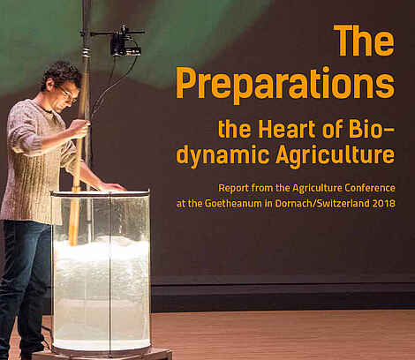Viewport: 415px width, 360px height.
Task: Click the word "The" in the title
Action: coord(364,41)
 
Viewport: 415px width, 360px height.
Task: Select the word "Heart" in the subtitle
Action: coord(287,129)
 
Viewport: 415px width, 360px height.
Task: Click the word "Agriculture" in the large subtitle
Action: coord(336,155)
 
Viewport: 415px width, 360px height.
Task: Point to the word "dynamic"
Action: coord(223,155)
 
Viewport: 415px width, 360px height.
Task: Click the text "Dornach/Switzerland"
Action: coord(322,203)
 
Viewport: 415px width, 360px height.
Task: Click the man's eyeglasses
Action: coord(68,94)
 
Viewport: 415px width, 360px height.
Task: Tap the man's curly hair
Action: coord(60,73)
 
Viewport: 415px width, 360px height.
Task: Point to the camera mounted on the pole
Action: coord(125,42)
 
